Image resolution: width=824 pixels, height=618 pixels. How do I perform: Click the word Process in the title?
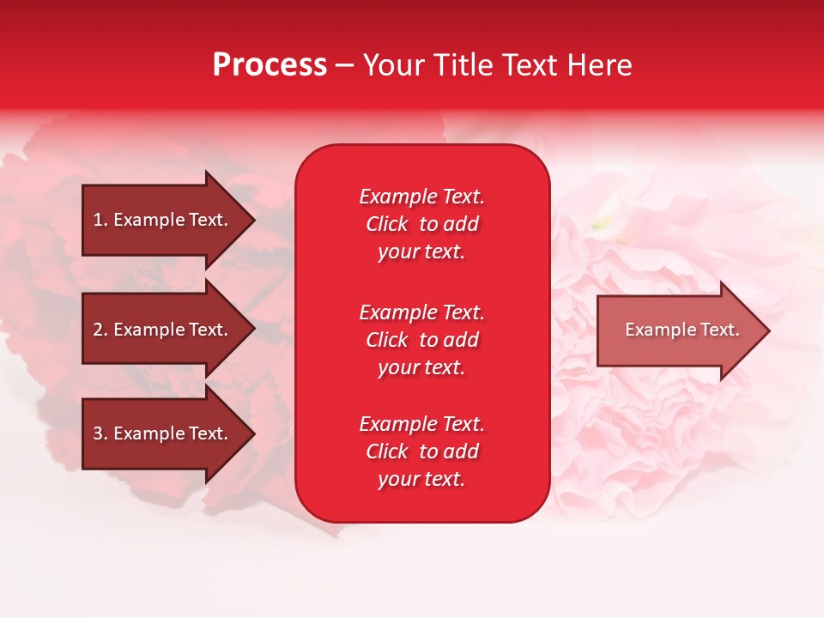(270, 65)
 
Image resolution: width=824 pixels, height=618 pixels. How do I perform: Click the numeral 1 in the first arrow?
(98, 220)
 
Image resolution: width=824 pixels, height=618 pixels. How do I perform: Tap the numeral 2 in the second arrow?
(98, 330)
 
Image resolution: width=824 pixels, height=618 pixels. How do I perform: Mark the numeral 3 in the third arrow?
(98, 433)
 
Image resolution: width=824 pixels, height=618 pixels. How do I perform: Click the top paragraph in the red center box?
(421, 224)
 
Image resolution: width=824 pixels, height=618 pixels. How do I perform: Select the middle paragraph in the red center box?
(421, 340)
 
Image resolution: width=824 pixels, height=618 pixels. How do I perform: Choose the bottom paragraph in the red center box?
(421, 451)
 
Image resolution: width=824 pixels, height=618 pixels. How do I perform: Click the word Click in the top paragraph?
(387, 224)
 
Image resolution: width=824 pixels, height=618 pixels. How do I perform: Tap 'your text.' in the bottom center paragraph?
(421, 479)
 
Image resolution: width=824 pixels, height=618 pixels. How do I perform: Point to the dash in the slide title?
(345, 65)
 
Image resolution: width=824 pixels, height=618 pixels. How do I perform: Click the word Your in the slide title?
(394, 65)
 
